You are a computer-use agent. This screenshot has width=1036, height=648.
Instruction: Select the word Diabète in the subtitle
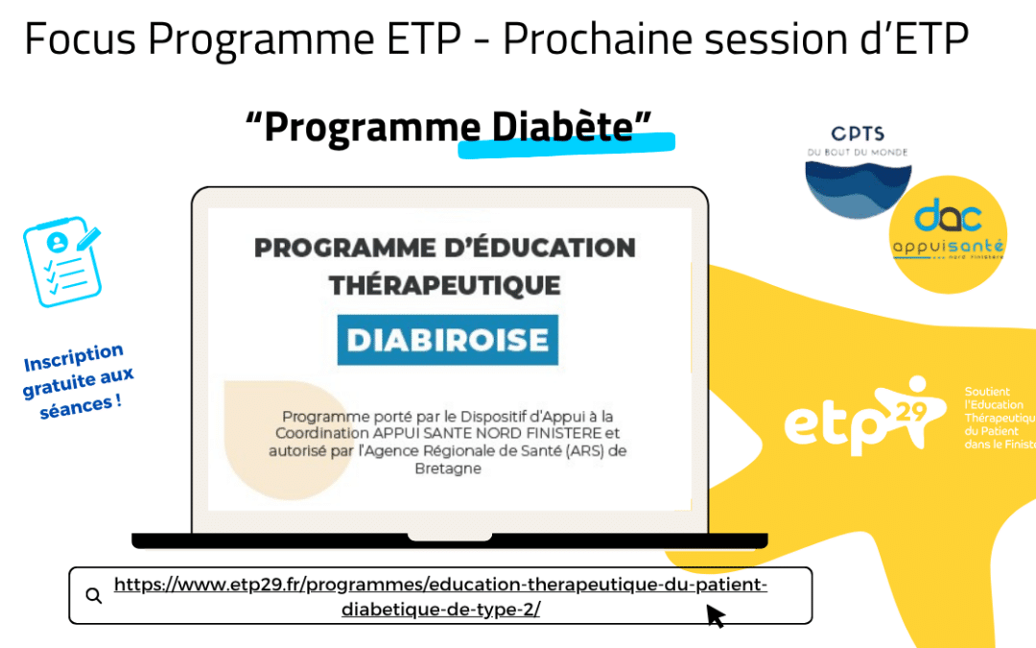(x=562, y=126)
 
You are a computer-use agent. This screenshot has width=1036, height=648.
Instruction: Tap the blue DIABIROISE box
(x=447, y=339)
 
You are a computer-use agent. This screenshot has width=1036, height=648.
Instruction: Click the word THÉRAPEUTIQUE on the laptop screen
(x=444, y=284)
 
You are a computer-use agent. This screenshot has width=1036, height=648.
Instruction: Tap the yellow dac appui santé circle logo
(x=948, y=236)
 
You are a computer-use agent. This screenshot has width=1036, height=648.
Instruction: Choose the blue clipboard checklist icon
(x=61, y=261)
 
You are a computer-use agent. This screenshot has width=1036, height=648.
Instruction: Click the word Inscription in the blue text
(x=73, y=358)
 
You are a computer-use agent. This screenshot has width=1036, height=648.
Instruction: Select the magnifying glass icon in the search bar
(x=93, y=595)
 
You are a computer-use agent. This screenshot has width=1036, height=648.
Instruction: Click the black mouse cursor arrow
(x=716, y=615)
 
